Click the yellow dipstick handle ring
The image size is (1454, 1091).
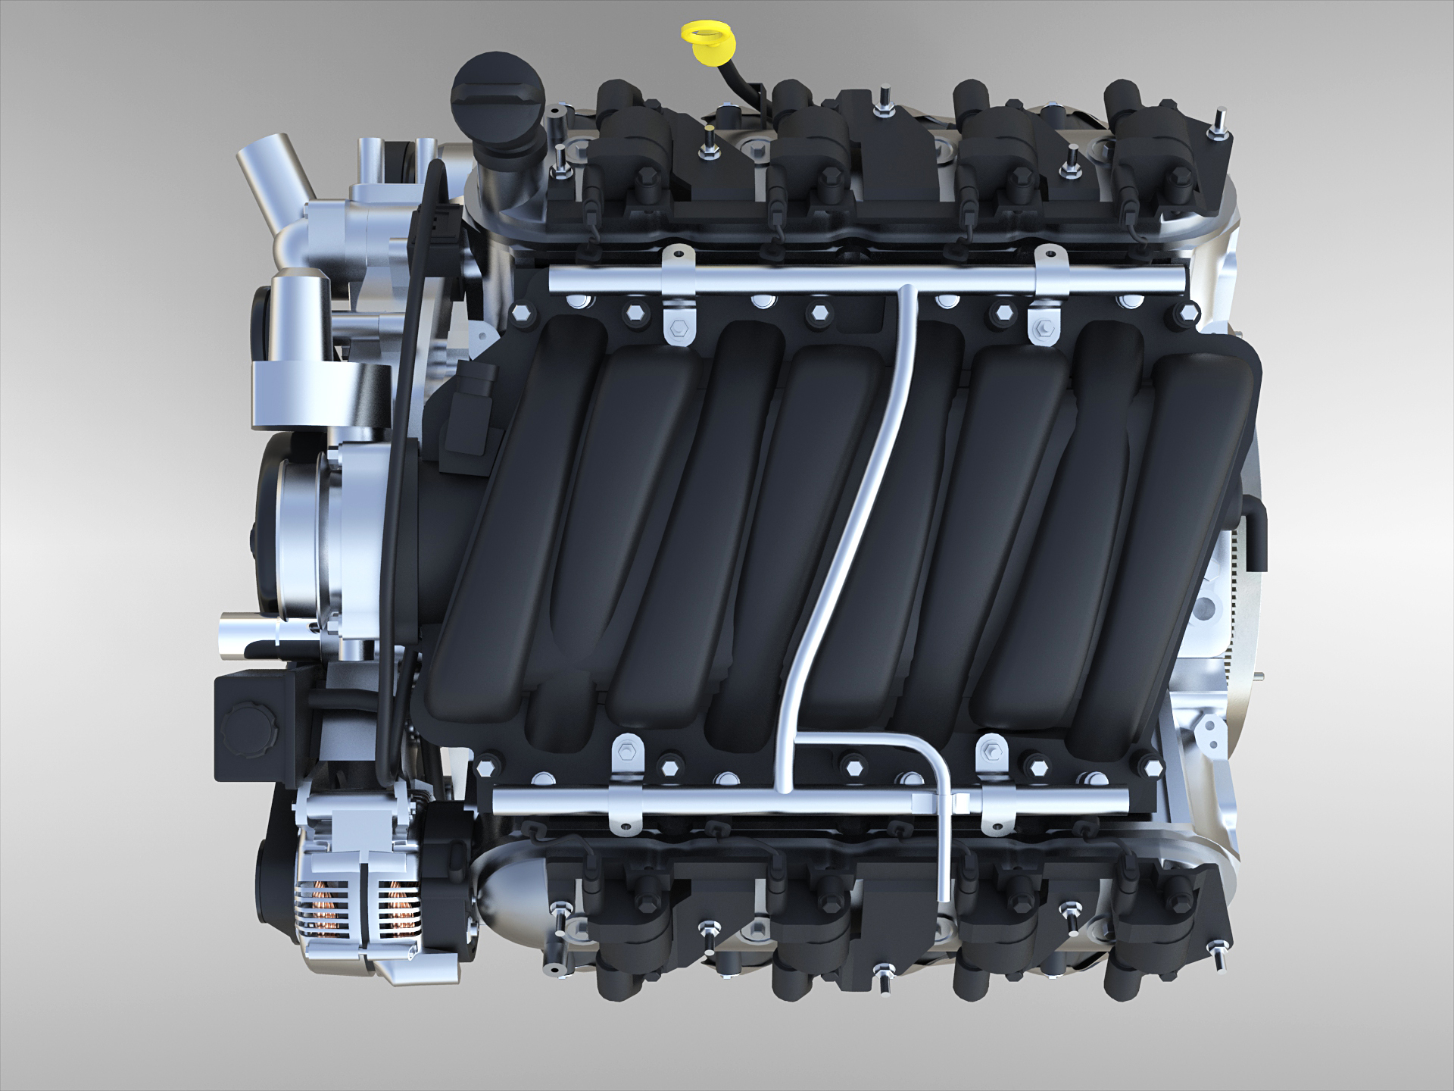[x=701, y=35]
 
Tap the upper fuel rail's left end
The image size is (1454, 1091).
[x=557, y=280]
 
